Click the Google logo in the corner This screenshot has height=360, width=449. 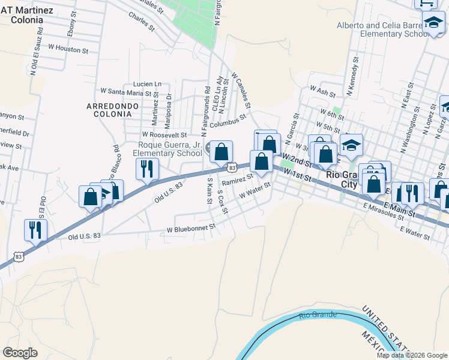pos(20,353)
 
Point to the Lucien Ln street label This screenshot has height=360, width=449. pos(147,83)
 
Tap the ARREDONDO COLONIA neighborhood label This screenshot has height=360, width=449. pos(113,110)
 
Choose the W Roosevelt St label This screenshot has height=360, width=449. pos(164,135)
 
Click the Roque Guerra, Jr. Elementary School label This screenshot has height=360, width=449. pos(170,149)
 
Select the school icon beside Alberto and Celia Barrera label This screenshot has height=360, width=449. pos(432,23)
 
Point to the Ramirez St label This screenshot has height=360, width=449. pos(238,179)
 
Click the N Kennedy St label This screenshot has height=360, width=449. pos(351,77)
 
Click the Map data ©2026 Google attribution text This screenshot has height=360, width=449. pos(412,355)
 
